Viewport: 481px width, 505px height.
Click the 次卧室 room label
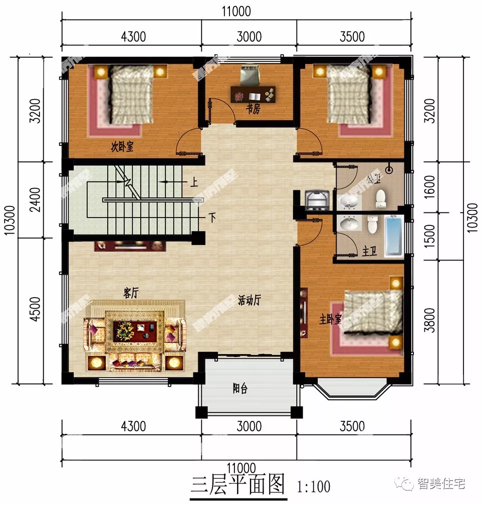(x=122, y=147)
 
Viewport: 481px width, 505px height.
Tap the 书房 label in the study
(x=253, y=110)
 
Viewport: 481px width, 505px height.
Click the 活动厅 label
(x=249, y=300)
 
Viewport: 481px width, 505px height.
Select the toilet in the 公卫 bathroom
(x=381, y=198)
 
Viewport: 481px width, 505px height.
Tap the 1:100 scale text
(x=314, y=486)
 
